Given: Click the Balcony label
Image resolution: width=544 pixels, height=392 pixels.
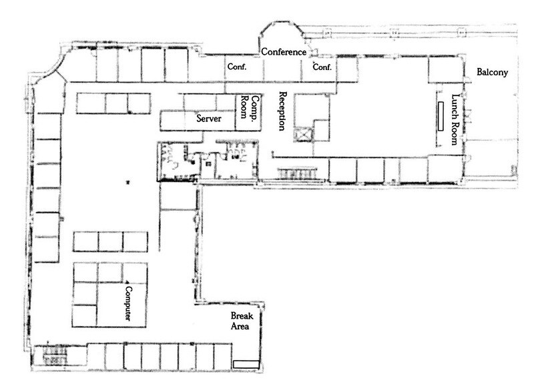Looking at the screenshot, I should (493, 72).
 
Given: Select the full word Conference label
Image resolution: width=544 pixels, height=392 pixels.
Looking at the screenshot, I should (284, 52).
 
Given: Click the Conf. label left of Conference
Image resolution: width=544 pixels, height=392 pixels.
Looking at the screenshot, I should (237, 67).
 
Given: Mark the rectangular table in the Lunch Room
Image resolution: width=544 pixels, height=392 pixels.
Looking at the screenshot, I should (441, 116).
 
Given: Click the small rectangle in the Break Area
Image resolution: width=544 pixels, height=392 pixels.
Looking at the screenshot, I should (245, 363).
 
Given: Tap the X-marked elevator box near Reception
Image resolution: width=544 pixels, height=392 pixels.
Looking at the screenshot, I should (304, 133).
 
